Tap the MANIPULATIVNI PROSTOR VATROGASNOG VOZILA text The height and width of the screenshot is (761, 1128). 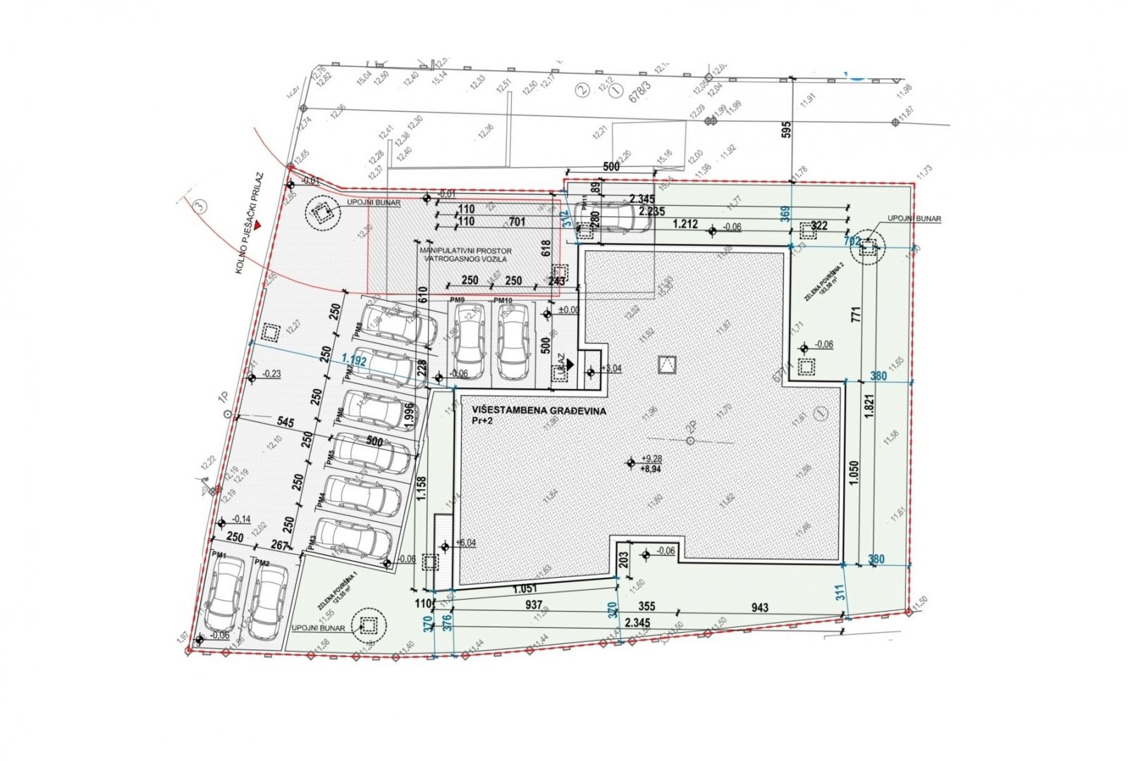click(x=465, y=254)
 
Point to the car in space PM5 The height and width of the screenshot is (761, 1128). click(x=370, y=452)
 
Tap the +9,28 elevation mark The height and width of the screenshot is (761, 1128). click(x=650, y=459)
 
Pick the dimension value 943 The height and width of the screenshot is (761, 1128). click(x=760, y=607)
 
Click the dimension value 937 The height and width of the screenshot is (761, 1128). click(x=534, y=605)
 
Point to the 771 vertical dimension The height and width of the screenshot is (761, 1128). click(x=856, y=314)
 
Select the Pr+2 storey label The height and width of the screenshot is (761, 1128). click(x=484, y=421)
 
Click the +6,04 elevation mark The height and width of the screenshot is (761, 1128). click(x=465, y=543)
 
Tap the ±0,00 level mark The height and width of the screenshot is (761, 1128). click(x=568, y=310)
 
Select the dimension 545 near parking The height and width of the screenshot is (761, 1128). click(x=286, y=422)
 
